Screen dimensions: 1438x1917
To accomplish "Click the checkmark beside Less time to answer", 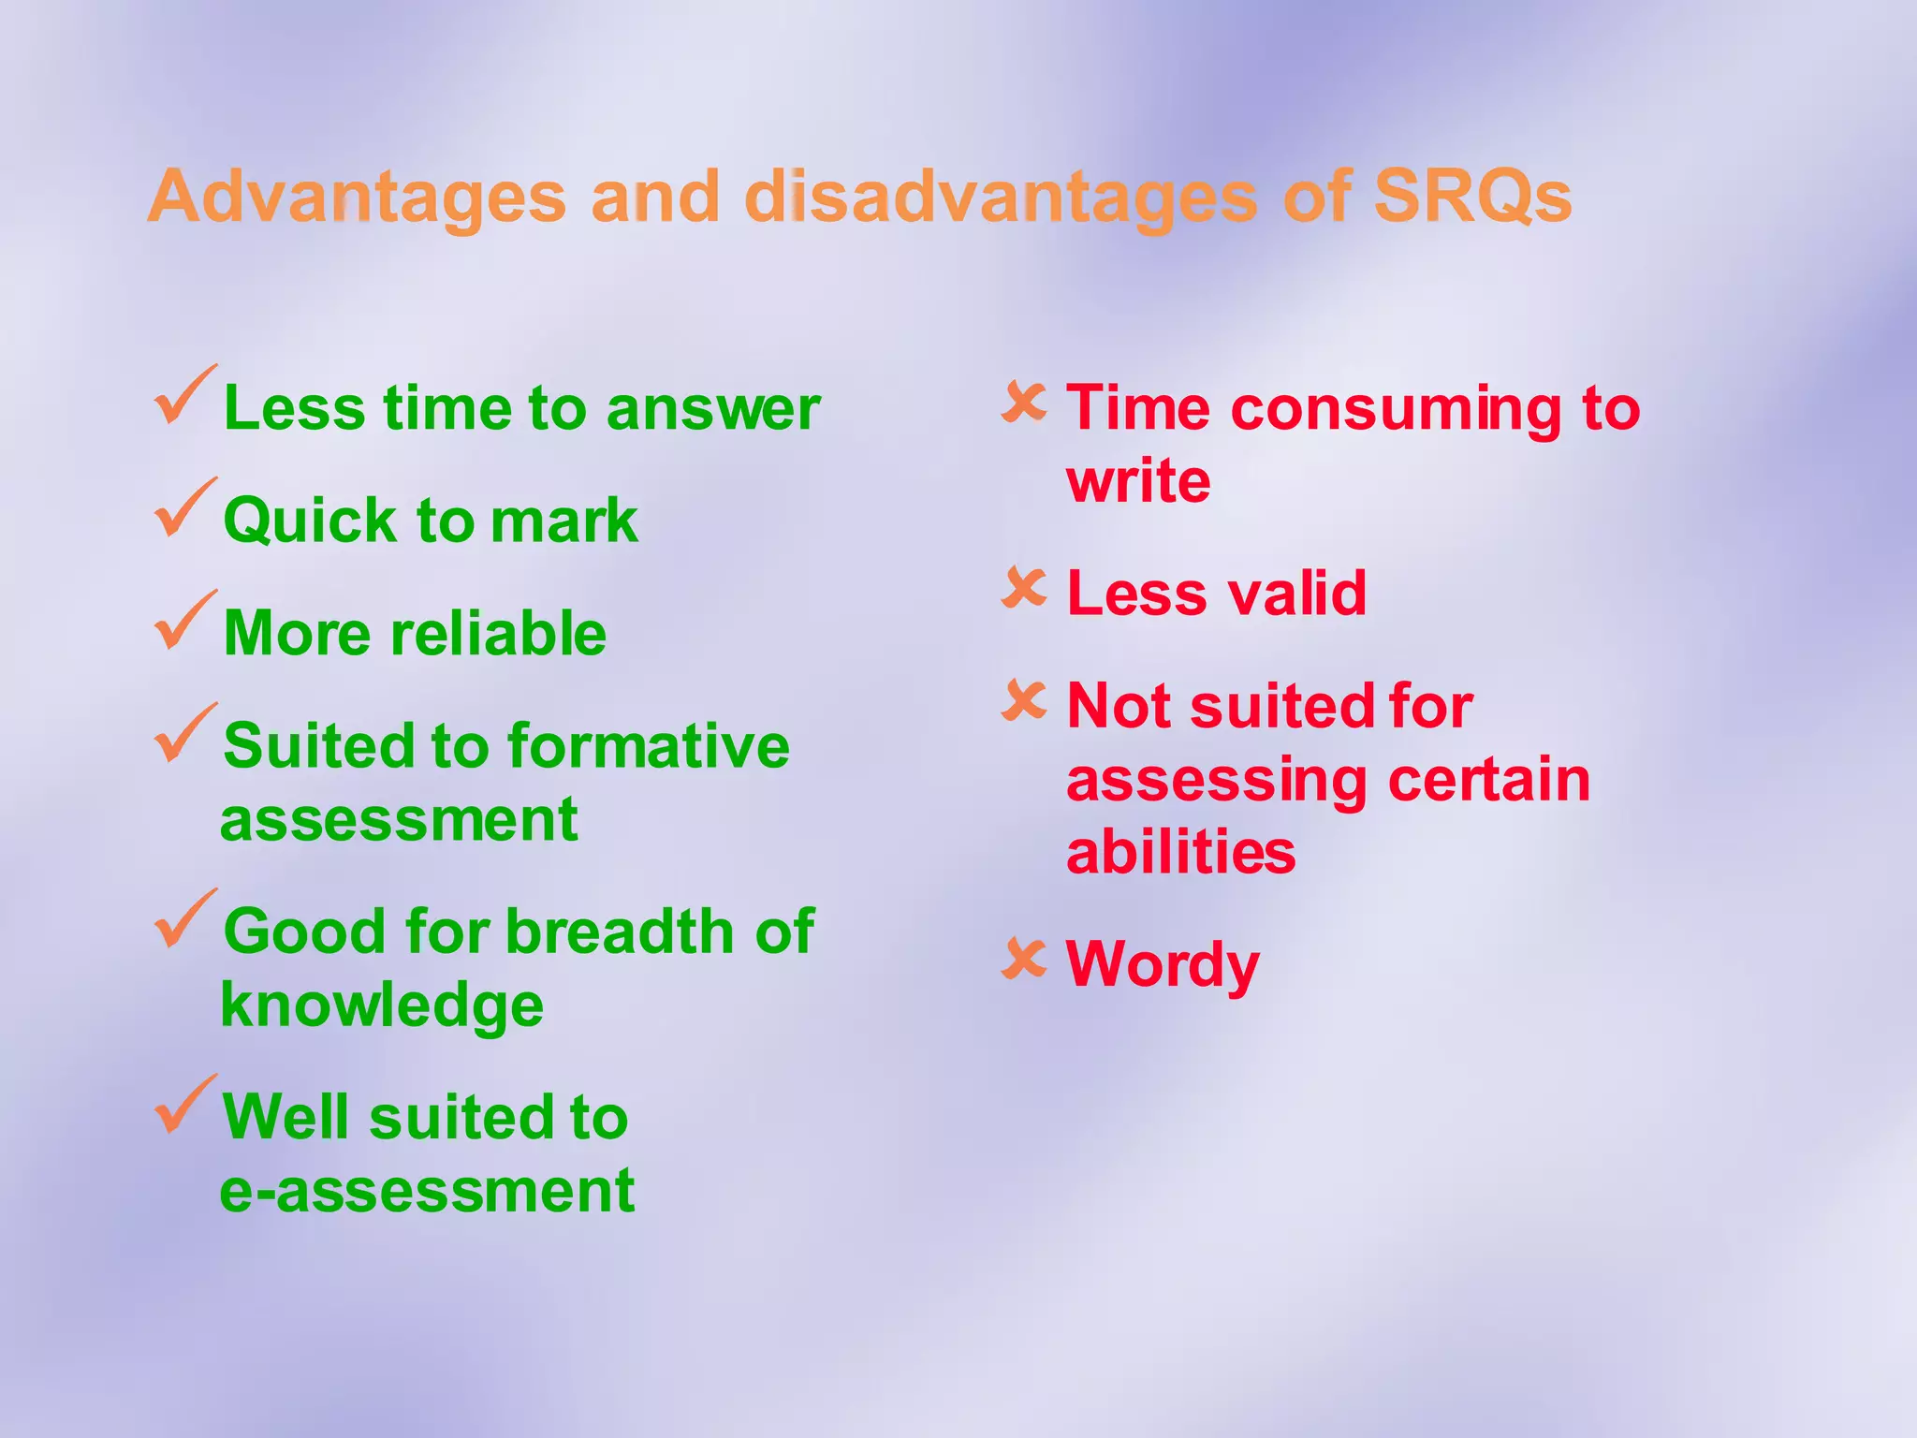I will tap(184, 397).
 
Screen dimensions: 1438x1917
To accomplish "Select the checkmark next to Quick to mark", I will tap(184, 509).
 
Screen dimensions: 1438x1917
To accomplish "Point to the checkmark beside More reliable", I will tap(184, 622).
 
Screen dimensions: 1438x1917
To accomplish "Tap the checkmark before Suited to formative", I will tap(184, 734).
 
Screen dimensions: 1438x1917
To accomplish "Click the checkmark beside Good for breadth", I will tap(184, 920).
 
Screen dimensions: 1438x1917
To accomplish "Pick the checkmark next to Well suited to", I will tap(184, 1106).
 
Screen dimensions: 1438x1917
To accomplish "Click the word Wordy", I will tap(1163, 964).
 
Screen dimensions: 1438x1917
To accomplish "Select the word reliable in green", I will tap(498, 633).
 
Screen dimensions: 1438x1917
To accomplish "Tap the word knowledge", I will tap(382, 1005).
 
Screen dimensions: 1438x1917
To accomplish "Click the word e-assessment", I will tap(427, 1191).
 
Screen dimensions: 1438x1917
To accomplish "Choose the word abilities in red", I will tap(1180, 852).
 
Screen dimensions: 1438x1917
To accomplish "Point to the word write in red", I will tap(1138, 481).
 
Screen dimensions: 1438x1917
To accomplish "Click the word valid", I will tap(1296, 594).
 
